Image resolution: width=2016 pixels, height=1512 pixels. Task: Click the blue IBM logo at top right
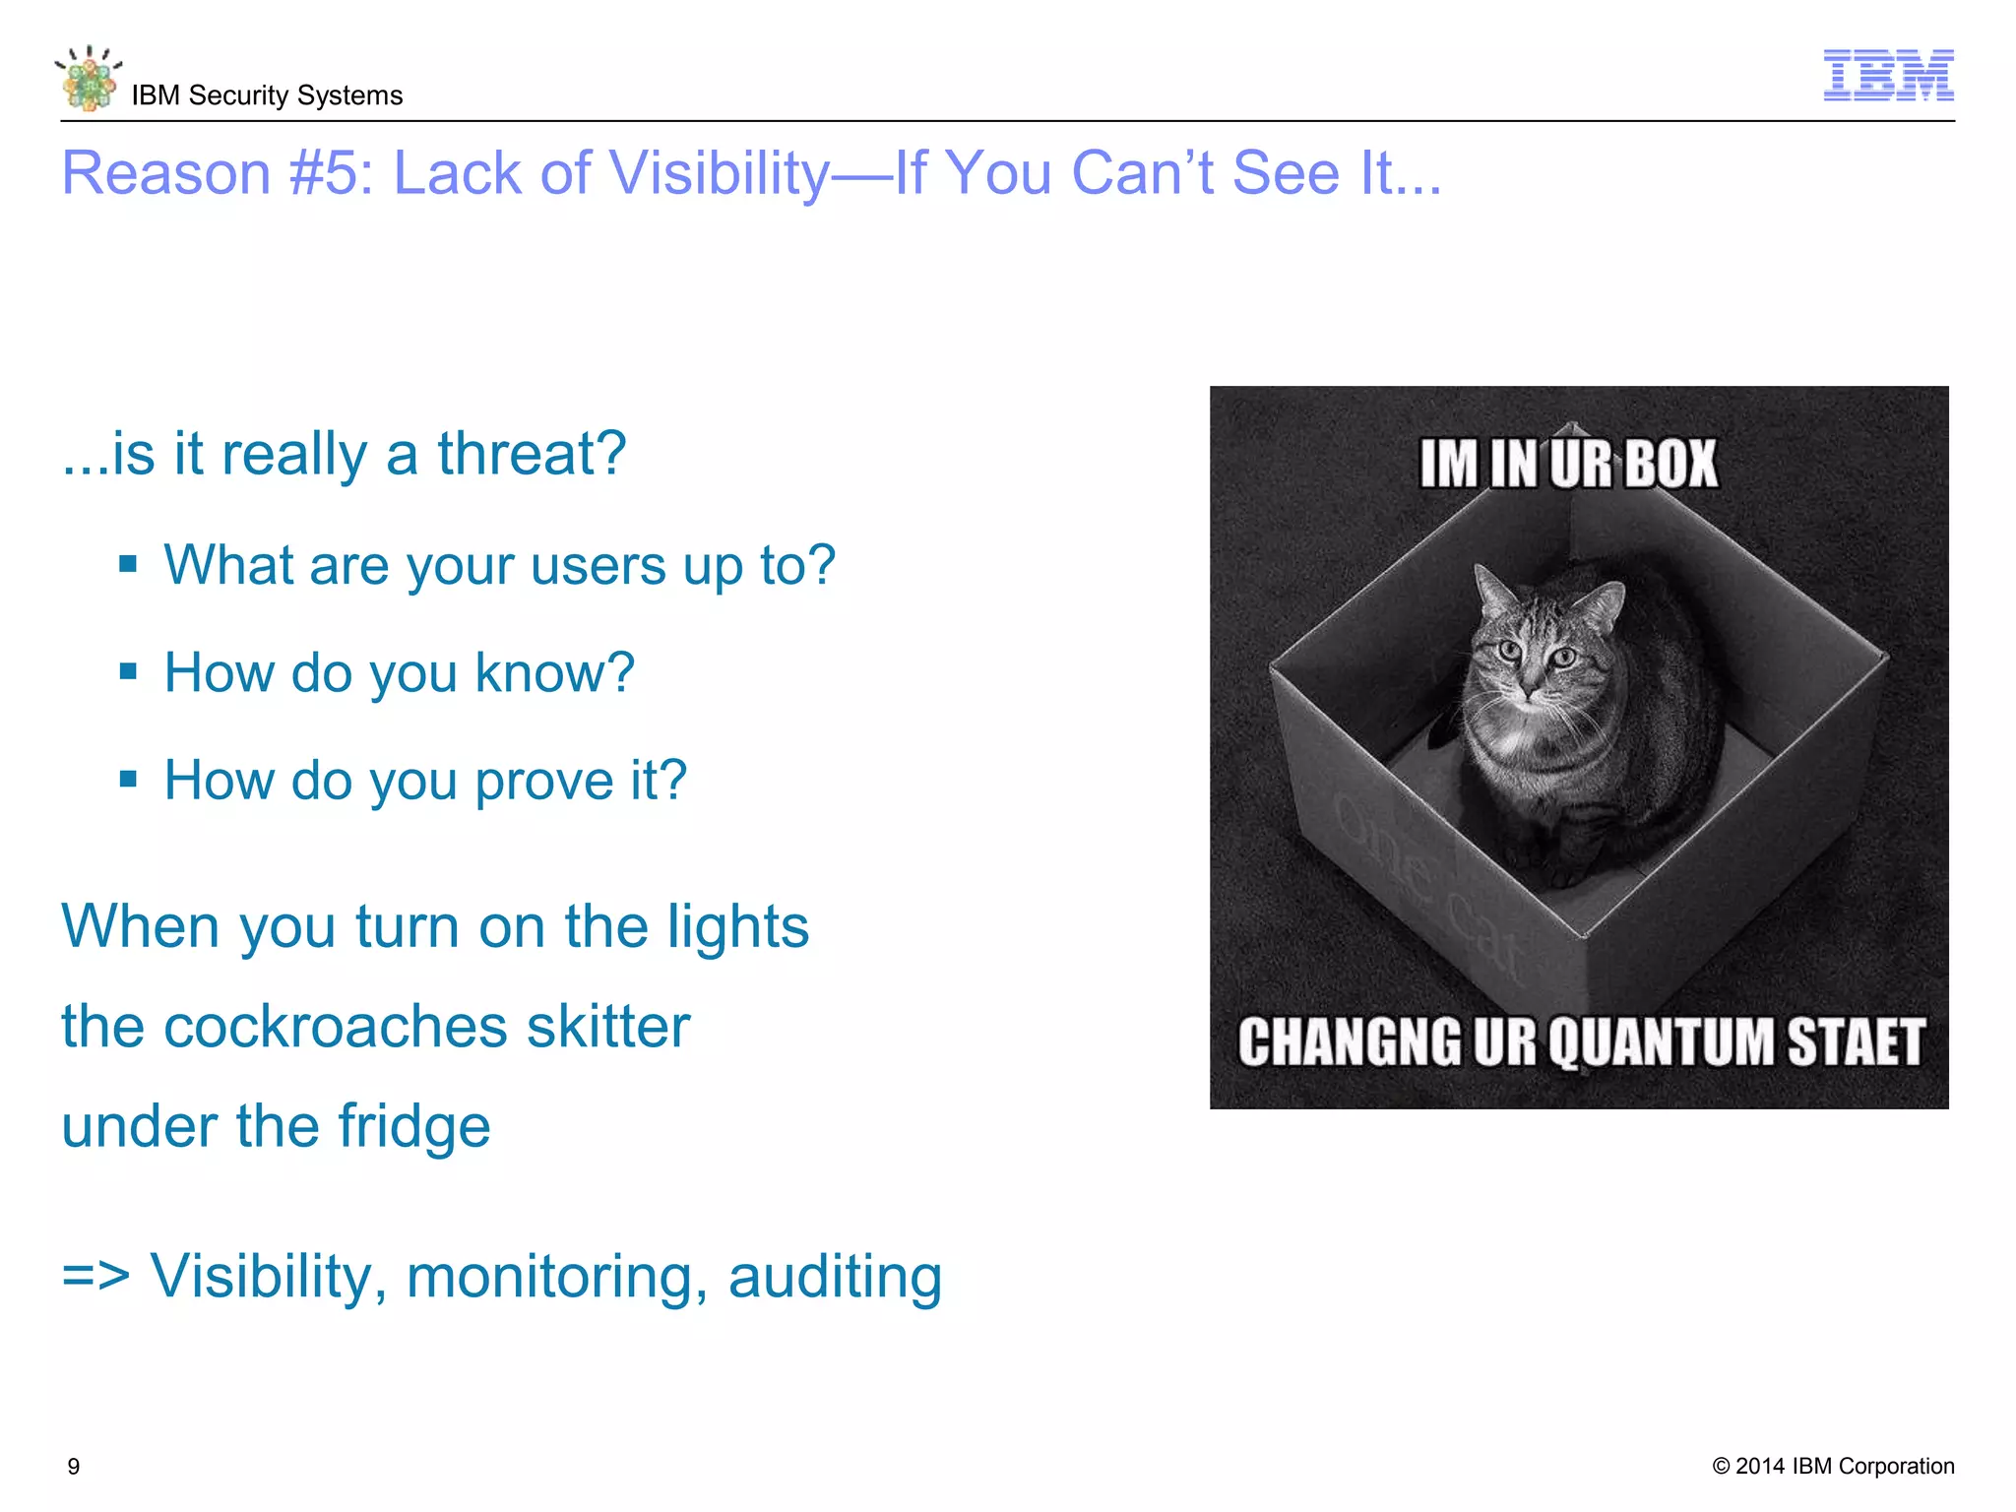1888,75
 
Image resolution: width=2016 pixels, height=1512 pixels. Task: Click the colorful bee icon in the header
89,79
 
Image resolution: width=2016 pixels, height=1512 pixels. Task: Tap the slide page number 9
74,1467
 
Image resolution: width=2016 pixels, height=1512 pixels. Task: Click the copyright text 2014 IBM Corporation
1833,1466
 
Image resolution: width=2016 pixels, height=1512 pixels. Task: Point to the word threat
532,454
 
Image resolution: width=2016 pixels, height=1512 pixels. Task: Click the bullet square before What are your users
128,565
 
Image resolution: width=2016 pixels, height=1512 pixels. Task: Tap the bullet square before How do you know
128,672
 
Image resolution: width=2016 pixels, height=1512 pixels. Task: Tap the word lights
737,927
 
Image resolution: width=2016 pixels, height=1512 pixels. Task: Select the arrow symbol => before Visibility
95,1277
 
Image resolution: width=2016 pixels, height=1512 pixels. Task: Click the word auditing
835,1277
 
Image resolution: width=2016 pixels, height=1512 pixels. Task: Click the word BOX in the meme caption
1670,464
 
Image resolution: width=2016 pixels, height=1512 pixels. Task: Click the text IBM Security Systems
267,95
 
